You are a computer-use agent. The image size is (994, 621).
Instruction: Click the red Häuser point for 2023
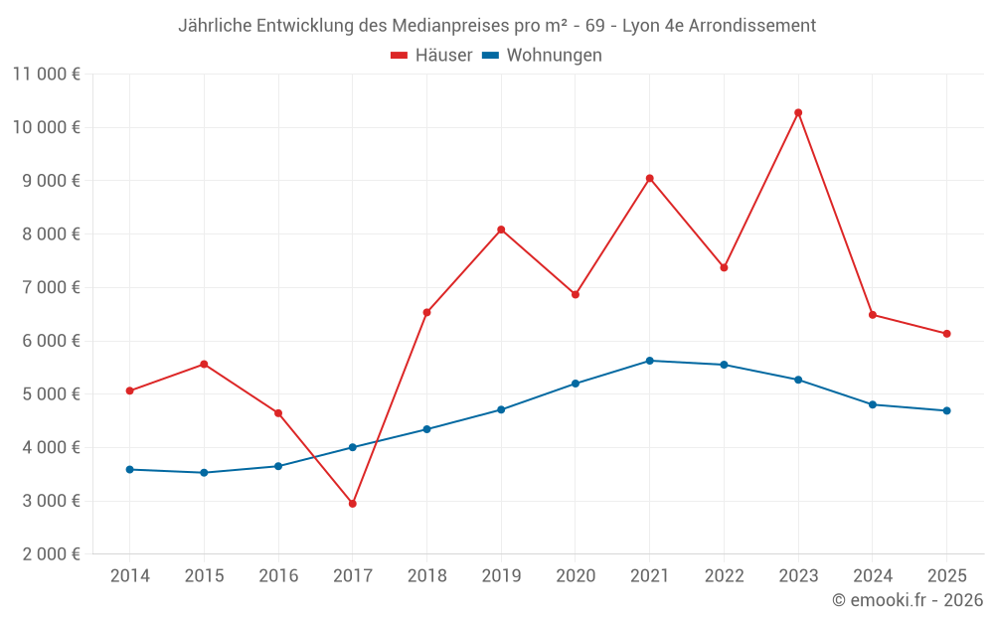[798, 112]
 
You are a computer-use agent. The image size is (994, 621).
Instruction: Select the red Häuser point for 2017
[353, 504]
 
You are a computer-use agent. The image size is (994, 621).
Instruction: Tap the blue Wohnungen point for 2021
[649, 361]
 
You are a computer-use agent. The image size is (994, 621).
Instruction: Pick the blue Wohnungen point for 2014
[130, 469]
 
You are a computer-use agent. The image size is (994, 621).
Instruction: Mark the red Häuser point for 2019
[501, 230]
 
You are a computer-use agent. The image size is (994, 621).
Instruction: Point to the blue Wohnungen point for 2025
[946, 410]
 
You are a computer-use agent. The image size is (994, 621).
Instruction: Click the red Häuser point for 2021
[649, 179]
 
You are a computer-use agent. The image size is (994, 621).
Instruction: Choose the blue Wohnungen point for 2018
[426, 429]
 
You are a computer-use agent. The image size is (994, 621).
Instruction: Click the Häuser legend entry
[431, 56]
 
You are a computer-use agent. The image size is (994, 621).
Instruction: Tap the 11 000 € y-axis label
[47, 74]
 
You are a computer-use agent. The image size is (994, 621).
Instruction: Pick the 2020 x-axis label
[576, 576]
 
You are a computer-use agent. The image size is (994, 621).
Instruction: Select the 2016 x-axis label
[278, 576]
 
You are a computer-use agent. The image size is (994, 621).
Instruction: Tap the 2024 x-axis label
[872, 576]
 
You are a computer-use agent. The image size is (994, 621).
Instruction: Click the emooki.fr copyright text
[907, 600]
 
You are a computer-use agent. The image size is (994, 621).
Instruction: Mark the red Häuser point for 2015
[204, 364]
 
